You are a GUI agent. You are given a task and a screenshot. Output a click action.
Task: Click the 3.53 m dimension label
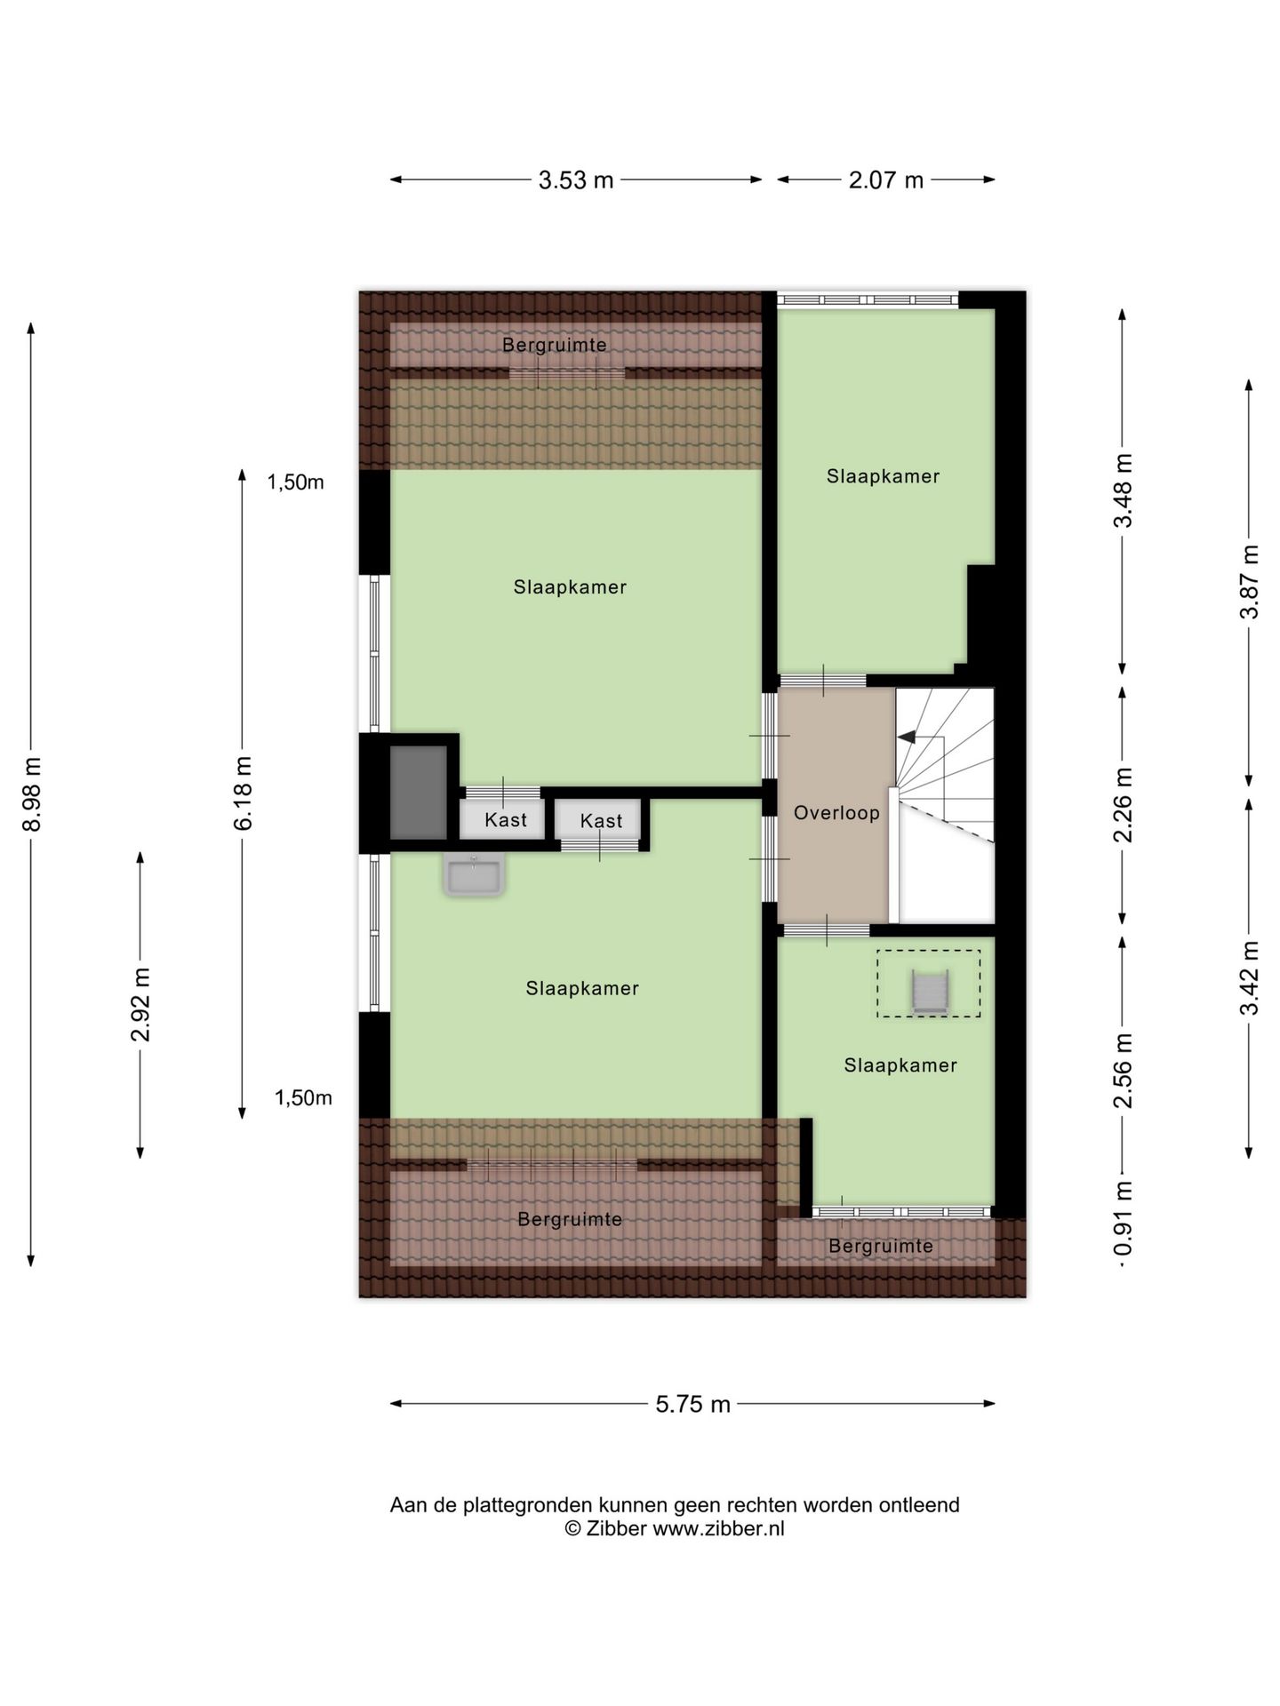pyautogui.click(x=576, y=180)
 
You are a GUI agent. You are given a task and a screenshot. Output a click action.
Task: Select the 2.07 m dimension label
pyautogui.click(x=886, y=180)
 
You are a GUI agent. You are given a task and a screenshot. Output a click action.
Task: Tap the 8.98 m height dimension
pyautogui.click(x=33, y=794)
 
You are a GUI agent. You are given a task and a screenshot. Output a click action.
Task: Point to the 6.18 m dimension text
pyautogui.click(x=243, y=793)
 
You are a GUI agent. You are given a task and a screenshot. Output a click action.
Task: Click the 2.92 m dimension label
pyautogui.click(x=140, y=1005)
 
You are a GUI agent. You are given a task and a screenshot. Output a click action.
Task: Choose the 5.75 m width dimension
pyautogui.click(x=693, y=1404)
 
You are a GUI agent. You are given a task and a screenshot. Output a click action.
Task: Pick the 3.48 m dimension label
pyautogui.click(x=1124, y=490)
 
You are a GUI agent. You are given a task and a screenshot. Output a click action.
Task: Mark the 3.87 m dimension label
pyautogui.click(x=1250, y=581)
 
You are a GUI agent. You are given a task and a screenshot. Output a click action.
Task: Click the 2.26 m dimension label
pyautogui.click(x=1124, y=805)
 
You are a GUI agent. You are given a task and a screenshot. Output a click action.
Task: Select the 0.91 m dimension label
pyautogui.click(x=1124, y=1221)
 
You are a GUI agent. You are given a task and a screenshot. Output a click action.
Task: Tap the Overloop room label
pyautogui.click(x=836, y=813)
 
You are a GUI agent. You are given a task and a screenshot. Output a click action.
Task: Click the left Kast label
pyautogui.click(x=506, y=820)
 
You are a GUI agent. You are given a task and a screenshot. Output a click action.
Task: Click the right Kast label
pyautogui.click(x=601, y=821)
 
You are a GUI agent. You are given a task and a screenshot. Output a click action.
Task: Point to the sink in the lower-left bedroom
pyautogui.click(x=474, y=875)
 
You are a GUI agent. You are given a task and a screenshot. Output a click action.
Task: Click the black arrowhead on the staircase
pyautogui.click(x=906, y=737)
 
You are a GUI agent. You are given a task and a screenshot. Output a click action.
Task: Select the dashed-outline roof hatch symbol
pyautogui.click(x=929, y=984)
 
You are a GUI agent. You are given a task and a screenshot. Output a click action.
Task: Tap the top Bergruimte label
pyautogui.click(x=555, y=345)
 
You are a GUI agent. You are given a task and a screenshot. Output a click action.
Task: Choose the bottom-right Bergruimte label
pyautogui.click(x=881, y=1247)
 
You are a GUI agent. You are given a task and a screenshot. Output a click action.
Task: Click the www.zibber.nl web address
pyautogui.click(x=718, y=1529)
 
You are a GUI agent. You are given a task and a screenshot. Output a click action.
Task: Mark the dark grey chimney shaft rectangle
pyautogui.click(x=418, y=793)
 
